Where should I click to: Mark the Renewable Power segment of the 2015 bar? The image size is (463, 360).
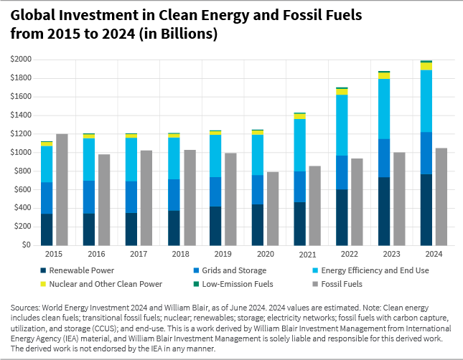click(47, 229)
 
